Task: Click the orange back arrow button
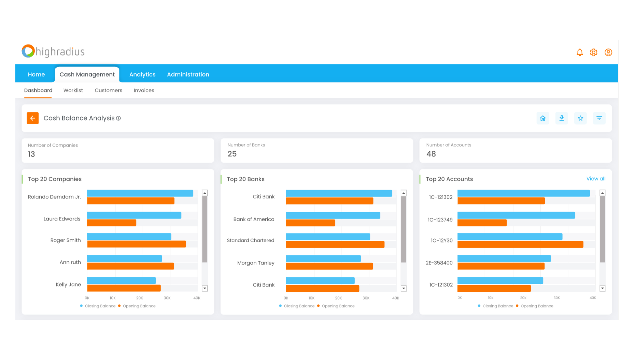click(x=32, y=118)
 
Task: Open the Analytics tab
click(x=142, y=74)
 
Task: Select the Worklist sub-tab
click(x=73, y=91)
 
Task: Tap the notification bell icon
click(x=580, y=52)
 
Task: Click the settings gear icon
click(x=594, y=52)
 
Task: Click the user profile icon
click(x=608, y=52)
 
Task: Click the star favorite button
click(x=580, y=118)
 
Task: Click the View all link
click(x=596, y=179)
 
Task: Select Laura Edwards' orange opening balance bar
click(x=112, y=223)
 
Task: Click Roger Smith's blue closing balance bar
click(x=129, y=237)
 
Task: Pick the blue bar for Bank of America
click(x=333, y=216)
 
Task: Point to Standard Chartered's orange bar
click(x=335, y=245)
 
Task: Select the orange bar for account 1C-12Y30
click(x=520, y=245)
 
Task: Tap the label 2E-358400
click(x=439, y=263)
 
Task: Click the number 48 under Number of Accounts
click(x=431, y=154)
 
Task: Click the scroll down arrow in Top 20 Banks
click(x=404, y=289)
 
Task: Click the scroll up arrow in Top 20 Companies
click(x=205, y=193)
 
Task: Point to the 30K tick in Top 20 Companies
click(x=167, y=298)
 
